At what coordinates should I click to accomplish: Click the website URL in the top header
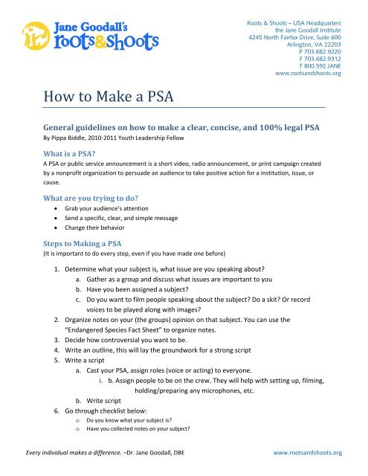pyautogui.click(x=308, y=74)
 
